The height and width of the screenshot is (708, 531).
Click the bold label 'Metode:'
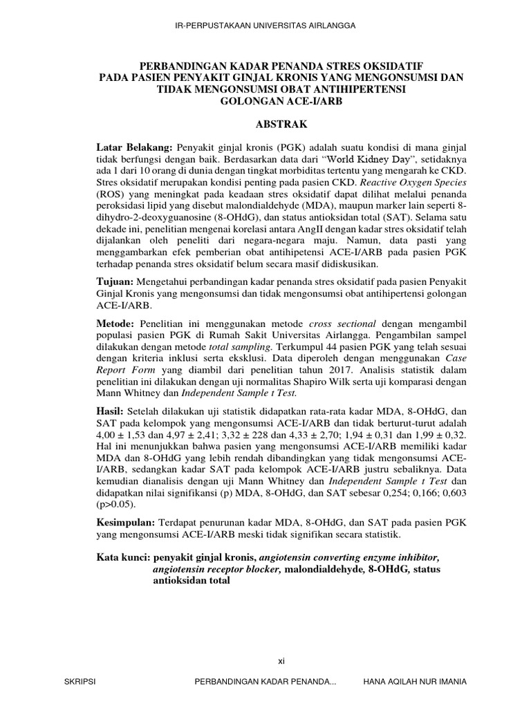click(116, 324)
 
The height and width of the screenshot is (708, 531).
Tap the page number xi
click(280, 661)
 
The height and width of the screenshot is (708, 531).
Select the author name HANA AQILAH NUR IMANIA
click(415, 682)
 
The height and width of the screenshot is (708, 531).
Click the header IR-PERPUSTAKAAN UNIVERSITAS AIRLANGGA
click(266, 26)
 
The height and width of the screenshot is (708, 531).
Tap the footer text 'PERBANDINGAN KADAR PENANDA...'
click(267, 682)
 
